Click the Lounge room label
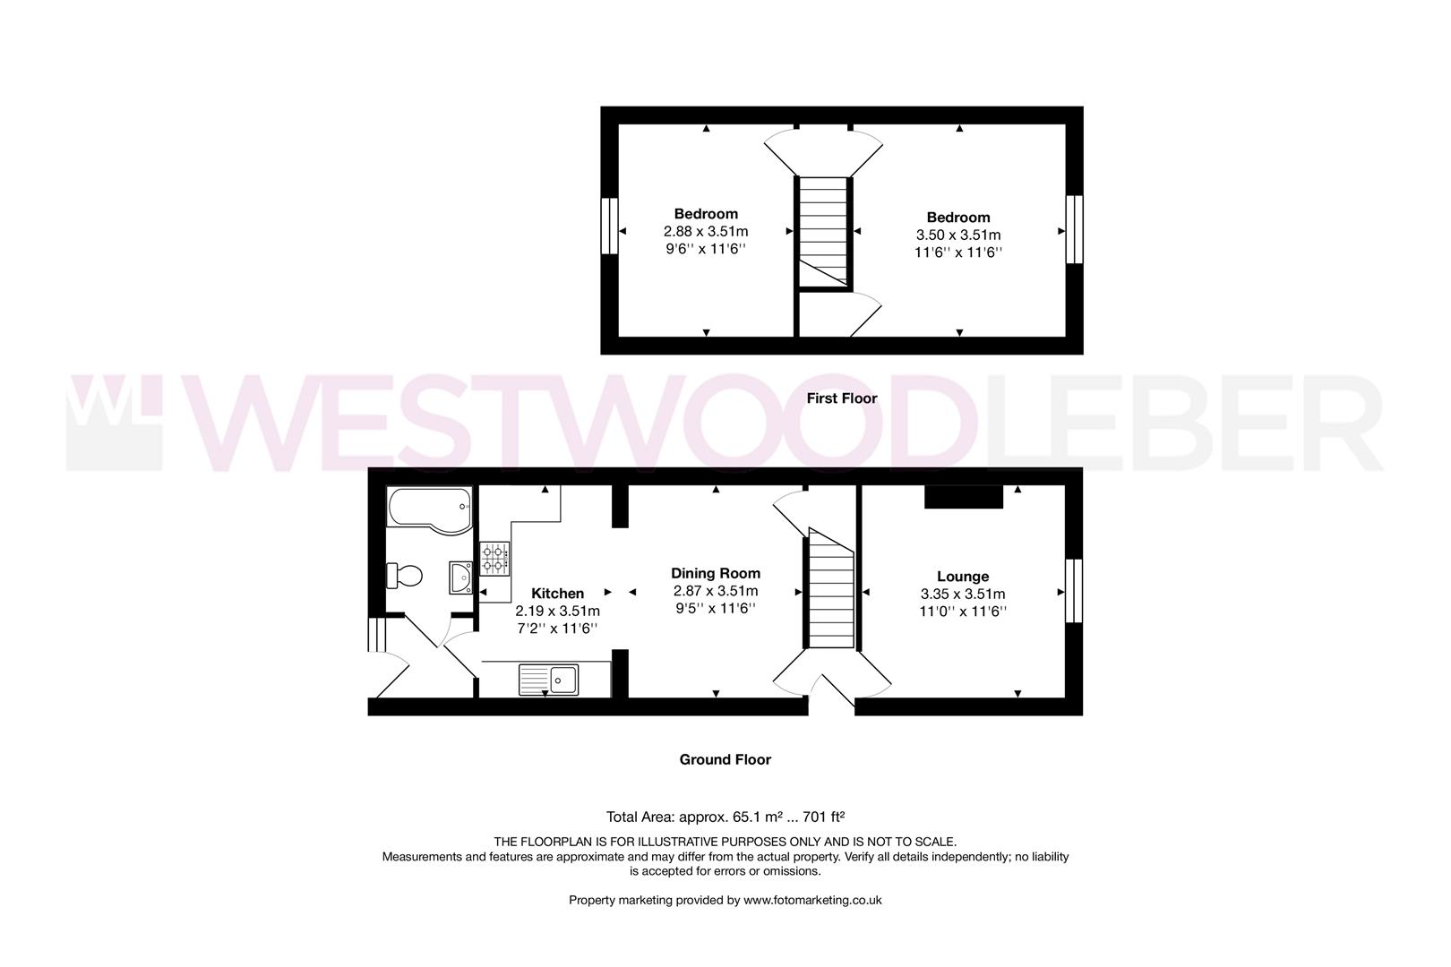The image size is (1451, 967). click(x=963, y=577)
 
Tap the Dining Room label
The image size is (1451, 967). click(x=716, y=574)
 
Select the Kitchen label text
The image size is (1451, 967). click(x=557, y=594)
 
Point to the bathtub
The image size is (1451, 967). click(x=429, y=510)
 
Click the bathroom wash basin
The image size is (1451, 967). click(x=461, y=578)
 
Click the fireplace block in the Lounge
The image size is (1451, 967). click(x=963, y=497)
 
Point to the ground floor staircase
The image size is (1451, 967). click(x=831, y=590)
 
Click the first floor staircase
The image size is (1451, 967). click(x=823, y=233)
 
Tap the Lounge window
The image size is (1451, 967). click(x=1073, y=591)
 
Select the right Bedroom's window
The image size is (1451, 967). click(x=1073, y=229)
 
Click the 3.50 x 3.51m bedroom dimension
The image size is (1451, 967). click(x=958, y=235)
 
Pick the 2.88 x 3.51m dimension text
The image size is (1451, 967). click(x=706, y=232)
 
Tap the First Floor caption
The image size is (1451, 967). click(x=841, y=398)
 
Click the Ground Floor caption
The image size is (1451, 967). click(x=725, y=759)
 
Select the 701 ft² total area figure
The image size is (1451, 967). click(x=821, y=817)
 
